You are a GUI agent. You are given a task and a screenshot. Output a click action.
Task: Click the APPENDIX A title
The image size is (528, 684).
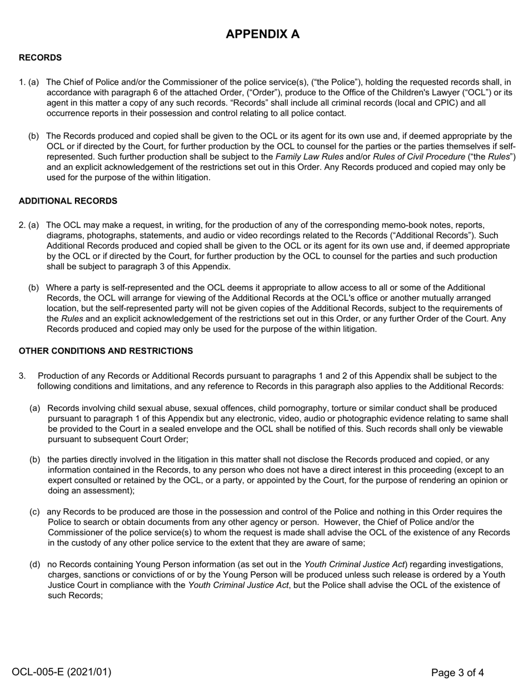[262, 34]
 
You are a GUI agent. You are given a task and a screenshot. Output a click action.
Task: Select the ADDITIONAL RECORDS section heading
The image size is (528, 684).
[68, 201]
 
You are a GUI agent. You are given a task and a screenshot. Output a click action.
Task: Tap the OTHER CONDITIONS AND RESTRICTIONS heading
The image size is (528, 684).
[106, 351]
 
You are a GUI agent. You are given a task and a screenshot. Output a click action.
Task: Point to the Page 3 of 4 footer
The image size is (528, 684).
[457, 672]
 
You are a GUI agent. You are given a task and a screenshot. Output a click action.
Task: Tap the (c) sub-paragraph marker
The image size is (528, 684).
[34, 512]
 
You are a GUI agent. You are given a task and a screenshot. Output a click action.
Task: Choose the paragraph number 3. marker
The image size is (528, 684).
[22, 376]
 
